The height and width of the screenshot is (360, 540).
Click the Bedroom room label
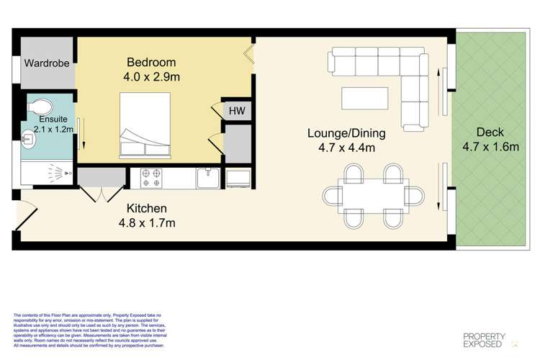tap(150, 61)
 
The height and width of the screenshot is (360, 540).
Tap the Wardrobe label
tap(47, 63)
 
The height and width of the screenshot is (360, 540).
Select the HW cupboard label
tap(236, 111)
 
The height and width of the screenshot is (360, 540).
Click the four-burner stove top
tap(152, 177)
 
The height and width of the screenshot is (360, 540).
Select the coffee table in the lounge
tap(365, 97)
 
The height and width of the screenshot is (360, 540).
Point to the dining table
tap(374, 194)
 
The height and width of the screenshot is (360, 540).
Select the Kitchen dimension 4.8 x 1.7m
tap(151, 222)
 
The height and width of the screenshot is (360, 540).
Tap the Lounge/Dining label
tap(346, 133)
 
